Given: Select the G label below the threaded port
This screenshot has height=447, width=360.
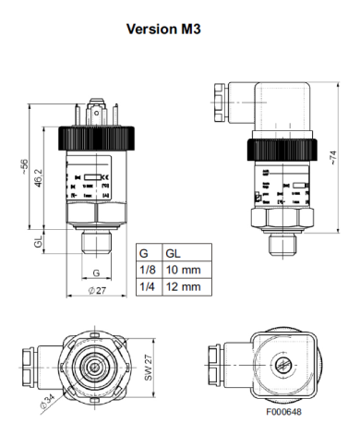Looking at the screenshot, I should click(97, 273).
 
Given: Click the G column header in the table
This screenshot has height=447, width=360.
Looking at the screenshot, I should click(143, 253).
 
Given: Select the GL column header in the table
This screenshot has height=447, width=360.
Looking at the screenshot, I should click(173, 253).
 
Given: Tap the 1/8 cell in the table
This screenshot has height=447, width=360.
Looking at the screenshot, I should click(146, 270).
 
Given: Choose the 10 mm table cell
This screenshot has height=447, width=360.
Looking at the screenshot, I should click(182, 270).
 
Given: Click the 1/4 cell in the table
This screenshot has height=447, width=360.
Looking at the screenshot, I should click(146, 286).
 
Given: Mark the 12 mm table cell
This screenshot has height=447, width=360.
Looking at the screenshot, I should click(182, 286).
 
